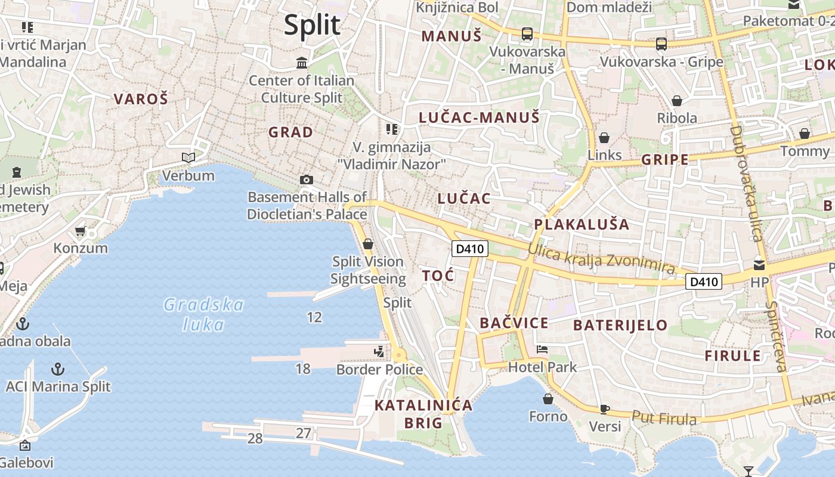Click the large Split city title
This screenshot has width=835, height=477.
[312, 26]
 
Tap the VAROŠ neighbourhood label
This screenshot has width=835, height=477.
[141, 99]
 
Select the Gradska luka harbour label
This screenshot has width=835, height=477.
[204, 315]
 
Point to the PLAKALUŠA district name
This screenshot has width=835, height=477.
[582, 224]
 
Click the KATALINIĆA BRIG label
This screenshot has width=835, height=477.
[423, 414]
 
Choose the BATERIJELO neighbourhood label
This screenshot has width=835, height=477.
[620, 325]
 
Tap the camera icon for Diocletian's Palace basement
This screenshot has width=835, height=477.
[307, 179]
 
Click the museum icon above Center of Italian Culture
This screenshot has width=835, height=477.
[302, 63]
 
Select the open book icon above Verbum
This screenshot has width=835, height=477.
[188, 157]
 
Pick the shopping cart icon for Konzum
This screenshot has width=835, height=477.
[81, 231]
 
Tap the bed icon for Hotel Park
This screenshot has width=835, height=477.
[542, 349]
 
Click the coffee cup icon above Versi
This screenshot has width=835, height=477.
[605, 409]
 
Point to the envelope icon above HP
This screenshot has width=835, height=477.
[759, 265]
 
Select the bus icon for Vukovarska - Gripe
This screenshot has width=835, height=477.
[661, 44]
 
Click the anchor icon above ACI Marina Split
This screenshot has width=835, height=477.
[58, 368]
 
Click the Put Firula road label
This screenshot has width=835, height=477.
[664, 419]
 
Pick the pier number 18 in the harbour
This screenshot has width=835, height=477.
[303, 368]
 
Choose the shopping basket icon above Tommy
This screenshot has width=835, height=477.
[805, 133]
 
